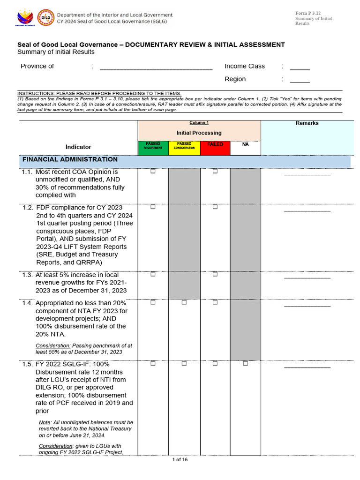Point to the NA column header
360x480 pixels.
(245, 145)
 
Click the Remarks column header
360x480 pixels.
(307, 123)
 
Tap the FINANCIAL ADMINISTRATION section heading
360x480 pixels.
(70, 159)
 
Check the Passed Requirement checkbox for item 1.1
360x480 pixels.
(153, 172)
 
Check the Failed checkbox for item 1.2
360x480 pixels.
(215, 207)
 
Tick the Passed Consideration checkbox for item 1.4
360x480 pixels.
(184, 302)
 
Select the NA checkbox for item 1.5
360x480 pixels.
(245, 363)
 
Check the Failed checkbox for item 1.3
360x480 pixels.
(215, 274)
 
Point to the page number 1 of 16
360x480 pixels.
(180, 460)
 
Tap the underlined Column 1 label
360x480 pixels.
(199, 123)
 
